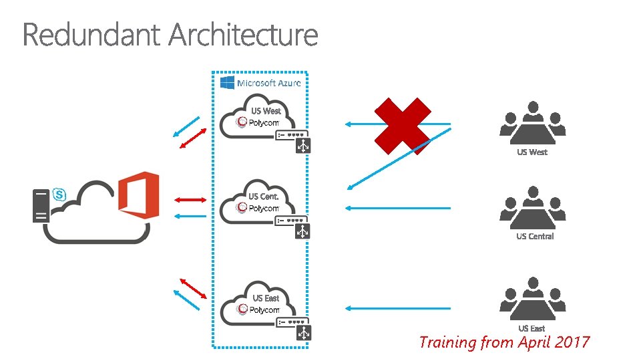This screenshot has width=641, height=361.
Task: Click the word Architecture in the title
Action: (243, 35)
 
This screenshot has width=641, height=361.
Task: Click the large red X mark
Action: (402, 126)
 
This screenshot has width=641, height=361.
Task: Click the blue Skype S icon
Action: (59, 194)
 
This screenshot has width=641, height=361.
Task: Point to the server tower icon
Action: (41, 205)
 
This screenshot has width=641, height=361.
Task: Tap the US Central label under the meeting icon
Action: (535, 236)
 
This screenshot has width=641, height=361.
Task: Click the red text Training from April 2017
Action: (504, 343)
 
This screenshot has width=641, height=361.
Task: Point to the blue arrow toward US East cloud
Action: (398, 308)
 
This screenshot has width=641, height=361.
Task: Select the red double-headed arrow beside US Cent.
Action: (190, 199)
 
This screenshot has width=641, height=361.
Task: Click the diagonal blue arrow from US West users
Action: (398, 159)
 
